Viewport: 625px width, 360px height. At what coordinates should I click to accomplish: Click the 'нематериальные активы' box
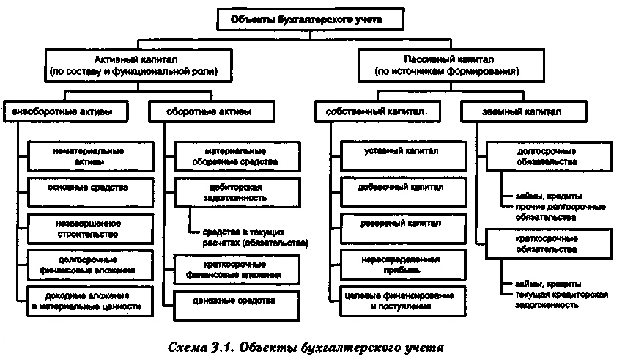point(89,155)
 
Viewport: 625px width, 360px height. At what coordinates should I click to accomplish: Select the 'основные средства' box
point(89,188)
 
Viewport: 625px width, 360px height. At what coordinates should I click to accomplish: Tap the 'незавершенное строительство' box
point(89,227)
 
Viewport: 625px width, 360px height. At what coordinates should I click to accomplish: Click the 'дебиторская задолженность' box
point(235,193)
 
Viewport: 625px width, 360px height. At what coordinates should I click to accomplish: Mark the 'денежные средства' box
point(235,301)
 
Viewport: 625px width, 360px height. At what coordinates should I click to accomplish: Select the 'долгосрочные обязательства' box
point(541,155)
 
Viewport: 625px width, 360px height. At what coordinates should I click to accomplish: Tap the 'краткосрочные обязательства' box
point(541,243)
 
